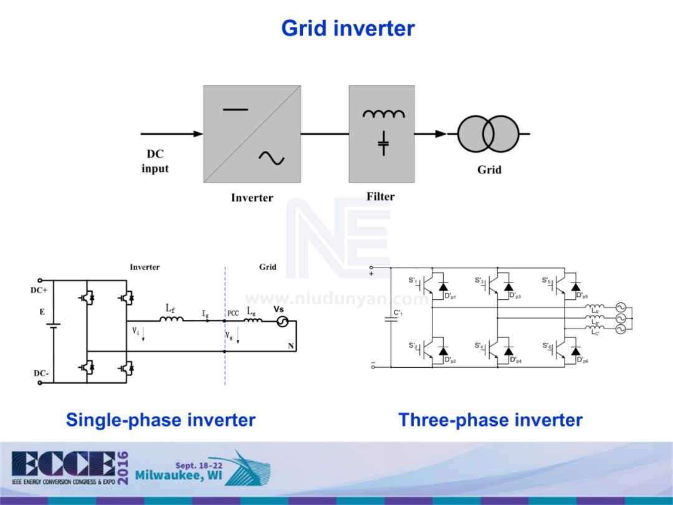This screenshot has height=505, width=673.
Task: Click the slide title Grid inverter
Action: pyautogui.click(x=348, y=28)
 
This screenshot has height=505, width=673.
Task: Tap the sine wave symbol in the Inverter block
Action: pyautogui.click(x=272, y=158)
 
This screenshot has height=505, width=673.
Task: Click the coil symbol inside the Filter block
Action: pyautogui.click(x=383, y=114)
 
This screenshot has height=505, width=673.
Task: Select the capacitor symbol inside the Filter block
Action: pyautogui.click(x=383, y=143)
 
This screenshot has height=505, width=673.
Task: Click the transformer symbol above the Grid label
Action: pyautogui.click(x=487, y=133)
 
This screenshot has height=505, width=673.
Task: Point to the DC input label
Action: pyautogui.click(x=155, y=161)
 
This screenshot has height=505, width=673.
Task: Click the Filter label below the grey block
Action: pyautogui.click(x=380, y=196)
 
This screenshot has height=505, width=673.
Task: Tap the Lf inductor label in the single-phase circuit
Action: pyautogui.click(x=170, y=308)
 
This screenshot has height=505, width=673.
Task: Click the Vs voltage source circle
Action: pyautogui.click(x=282, y=322)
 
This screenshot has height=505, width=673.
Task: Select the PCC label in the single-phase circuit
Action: pyautogui.click(x=233, y=313)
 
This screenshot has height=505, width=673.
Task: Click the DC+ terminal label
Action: pyautogui.click(x=39, y=291)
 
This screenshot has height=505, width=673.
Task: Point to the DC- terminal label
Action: pyautogui.click(x=41, y=373)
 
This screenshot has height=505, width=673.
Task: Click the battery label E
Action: pyautogui.click(x=42, y=312)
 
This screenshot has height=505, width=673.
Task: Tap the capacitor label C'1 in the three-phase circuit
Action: pyautogui.click(x=398, y=313)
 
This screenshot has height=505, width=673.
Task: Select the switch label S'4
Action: pyautogui.click(x=479, y=345)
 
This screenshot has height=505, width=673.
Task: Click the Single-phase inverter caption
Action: pyautogui.click(x=161, y=420)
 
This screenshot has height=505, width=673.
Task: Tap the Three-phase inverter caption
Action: pyautogui.click(x=490, y=420)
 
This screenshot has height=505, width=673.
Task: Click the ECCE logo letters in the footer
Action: pyautogui.click(x=62, y=464)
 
